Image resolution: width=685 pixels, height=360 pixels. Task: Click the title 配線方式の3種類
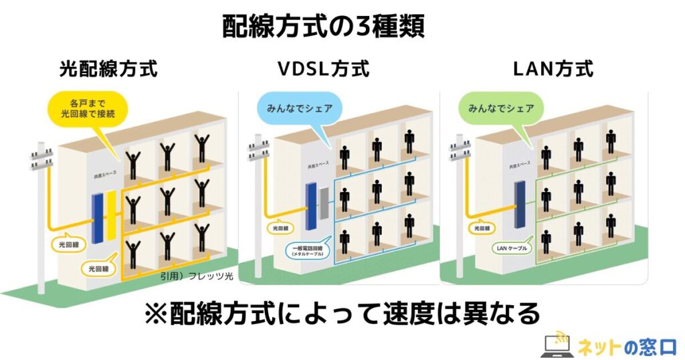click(324, 27)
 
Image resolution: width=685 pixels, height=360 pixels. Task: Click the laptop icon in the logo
click(555, 345)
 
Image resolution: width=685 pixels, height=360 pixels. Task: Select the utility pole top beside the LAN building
click(460, 146)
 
